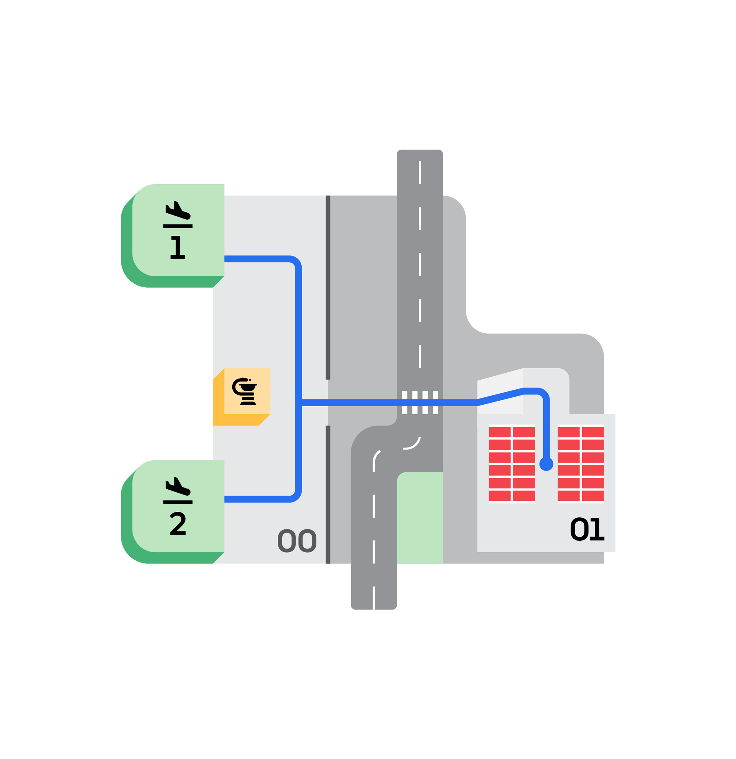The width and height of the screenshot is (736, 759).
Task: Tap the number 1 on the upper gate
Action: click(178, 247)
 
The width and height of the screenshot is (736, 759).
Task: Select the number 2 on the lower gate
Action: click(178, 524)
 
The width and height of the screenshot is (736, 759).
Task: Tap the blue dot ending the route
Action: click(546, 464)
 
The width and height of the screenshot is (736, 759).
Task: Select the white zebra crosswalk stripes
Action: click(420, 403)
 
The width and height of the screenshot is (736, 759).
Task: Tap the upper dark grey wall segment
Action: click(328, 287)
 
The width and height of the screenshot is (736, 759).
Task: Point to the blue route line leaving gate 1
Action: click(259, 259)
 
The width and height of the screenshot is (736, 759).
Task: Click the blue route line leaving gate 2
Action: click(259, 500)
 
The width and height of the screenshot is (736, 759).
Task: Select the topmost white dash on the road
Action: click(420, 172)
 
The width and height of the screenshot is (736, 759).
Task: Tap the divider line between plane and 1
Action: click(178, 226)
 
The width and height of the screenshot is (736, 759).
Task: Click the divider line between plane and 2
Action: click(178, 502)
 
